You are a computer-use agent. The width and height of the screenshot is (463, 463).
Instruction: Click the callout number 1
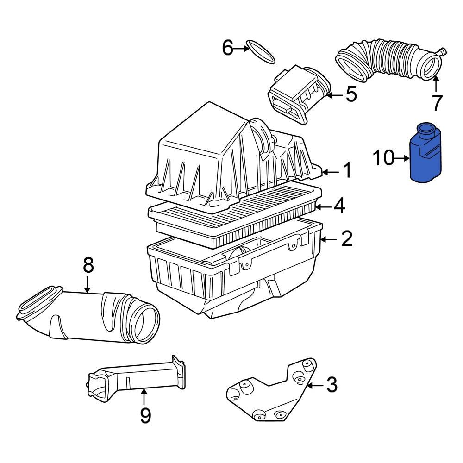click(347, 171)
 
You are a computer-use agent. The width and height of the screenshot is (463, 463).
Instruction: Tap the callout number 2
click(347, 239)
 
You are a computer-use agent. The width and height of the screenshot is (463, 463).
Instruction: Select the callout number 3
click(332, 385)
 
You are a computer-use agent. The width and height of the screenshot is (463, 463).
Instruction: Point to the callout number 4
click(339, 206)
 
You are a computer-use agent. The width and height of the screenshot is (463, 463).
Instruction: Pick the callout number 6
click(228, 48)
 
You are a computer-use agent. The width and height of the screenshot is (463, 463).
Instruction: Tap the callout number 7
click(437, 102)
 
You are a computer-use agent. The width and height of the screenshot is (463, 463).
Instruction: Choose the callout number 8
click(88, 265)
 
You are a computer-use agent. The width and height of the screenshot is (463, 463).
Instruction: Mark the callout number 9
click(145, 416)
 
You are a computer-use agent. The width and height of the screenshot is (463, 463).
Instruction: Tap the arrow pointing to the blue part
click(401, 158)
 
